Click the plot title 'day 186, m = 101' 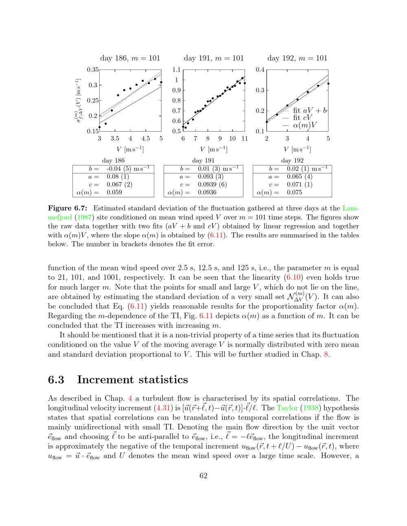tap(130, 58)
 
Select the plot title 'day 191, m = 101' tap(214, 58)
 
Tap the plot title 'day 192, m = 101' tap(297, 58)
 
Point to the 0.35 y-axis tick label tap(93, 70)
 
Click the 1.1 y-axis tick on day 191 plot tap(177, 70)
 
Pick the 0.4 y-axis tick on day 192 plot tap(260, 70)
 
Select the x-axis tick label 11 tap(244, 139)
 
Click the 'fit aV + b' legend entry tap(310, 110)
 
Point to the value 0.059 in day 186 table tap(114, 192)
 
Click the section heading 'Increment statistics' tap(132, 380)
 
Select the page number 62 tap(203, 476)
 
